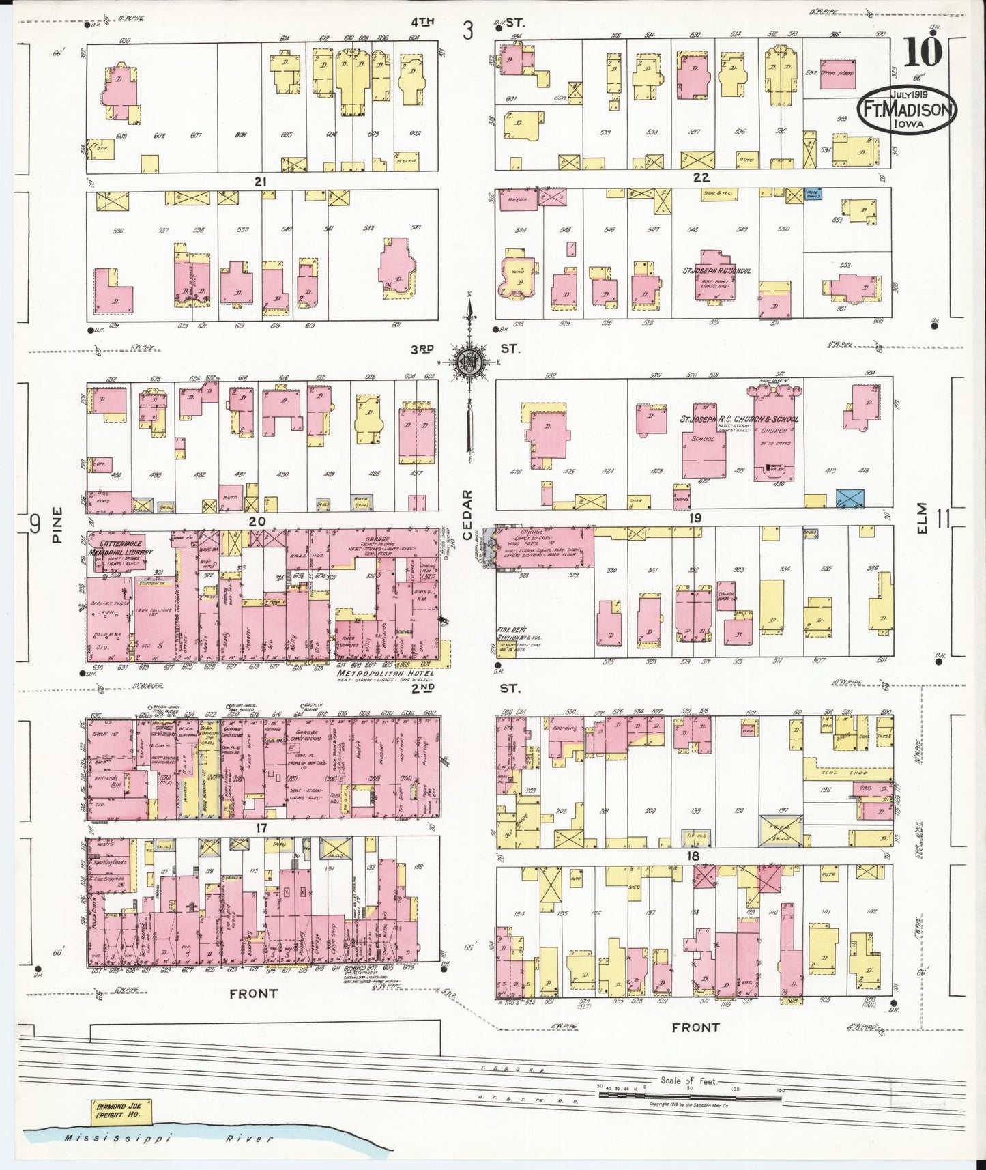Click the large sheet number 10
[925, 52]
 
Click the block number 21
[259, 182]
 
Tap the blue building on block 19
[850, 498]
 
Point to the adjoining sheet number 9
[33, 524]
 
